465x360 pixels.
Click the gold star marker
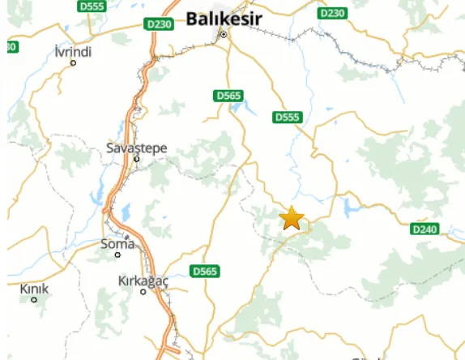click(x=292, y=218)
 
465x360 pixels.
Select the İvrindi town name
click(x=72, y=52)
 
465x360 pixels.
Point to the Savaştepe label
click(x=137, y=148)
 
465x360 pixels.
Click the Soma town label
click(x=117, y=243)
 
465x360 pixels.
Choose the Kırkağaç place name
click(x=143, y=281)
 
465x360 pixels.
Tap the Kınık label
click(x=34, y=289)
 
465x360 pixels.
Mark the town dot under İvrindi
click(x=73, y=63)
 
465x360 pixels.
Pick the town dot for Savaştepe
click(x=137, y=159)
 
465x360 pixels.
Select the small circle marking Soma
click(x=117, y=255)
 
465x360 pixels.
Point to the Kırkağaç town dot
click(x=143, y=292)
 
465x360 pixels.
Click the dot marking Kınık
click(x=34, y=300)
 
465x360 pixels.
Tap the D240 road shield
click(x=424, y=229)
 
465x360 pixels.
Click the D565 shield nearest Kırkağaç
click(x=204, y=271)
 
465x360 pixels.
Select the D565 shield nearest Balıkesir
click(x=229, y=96)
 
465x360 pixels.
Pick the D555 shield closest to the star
click(x=287, y=118)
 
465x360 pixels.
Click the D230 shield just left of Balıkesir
click(x=160, y=24)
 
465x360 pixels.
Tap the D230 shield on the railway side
click(x=332, y=13)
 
